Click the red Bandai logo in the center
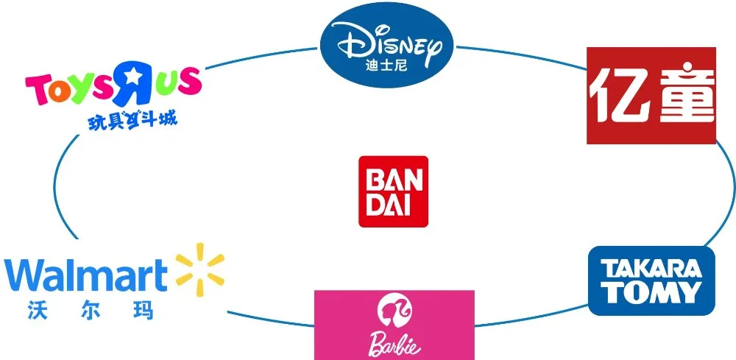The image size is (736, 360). pyautogui.click(x=393, y=191)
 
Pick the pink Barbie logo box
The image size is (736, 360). pyautogui.click(x=394, y=324)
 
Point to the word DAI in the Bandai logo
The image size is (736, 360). pyautogui.click(x=393, y=203)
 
